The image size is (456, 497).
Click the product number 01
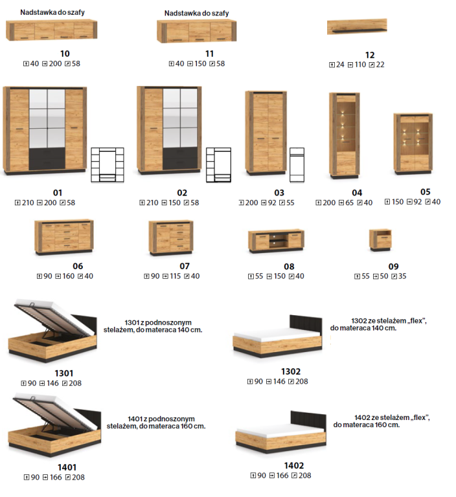coord(58,193)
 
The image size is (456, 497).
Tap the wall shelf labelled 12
coord(357,27)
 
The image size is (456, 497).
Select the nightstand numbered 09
coord(380,240)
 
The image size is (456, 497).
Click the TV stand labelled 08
coord(276,241)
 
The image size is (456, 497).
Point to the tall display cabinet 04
coord(345,135)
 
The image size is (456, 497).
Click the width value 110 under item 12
coord(360,65)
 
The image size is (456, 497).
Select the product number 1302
coord(291,371)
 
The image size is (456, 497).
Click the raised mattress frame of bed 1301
coord(54,317)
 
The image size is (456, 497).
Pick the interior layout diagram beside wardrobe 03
coord(297,165)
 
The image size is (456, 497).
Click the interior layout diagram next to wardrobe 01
coord(108,165)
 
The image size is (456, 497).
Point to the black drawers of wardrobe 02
coord(180,158)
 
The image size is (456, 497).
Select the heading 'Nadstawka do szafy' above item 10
coord(52,12)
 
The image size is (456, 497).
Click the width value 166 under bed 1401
coord(56,478)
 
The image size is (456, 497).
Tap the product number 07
coord(185,266)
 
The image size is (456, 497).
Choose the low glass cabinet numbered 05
coord(413,144)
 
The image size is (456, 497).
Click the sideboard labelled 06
coord(64,237)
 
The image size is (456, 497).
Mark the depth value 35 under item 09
coord(402,276)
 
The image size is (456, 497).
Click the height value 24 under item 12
coord(340,65)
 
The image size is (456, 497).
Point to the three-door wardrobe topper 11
coord(197,31)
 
